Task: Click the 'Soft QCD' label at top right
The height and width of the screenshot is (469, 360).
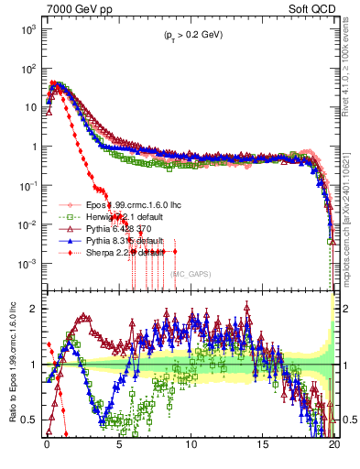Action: (x=311, y=8)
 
